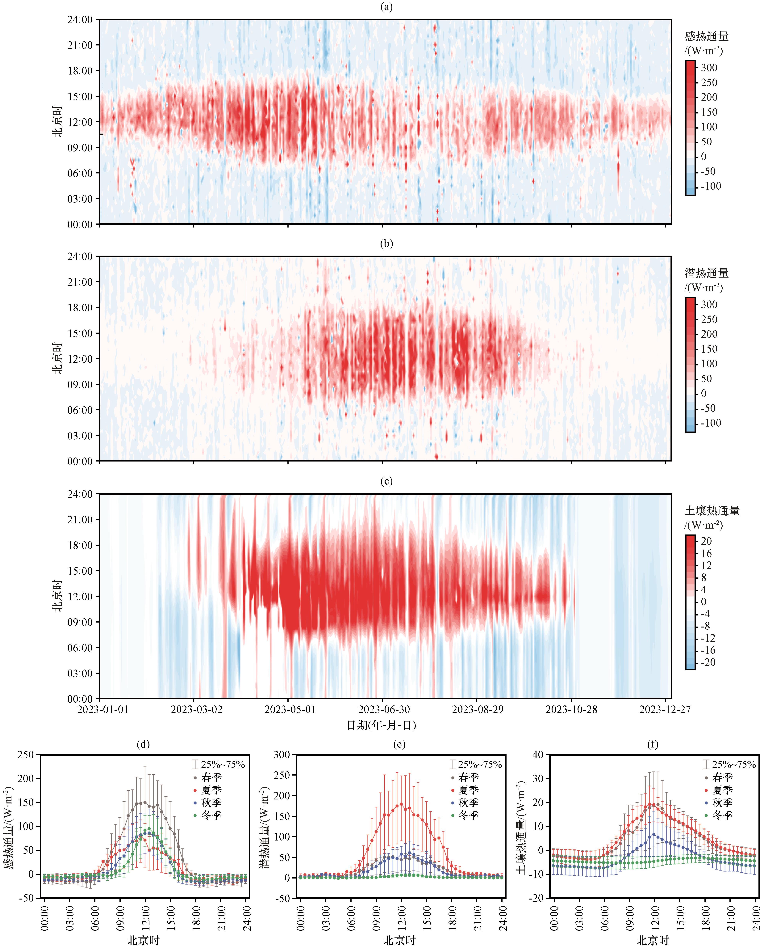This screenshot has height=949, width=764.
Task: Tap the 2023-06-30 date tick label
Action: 384,709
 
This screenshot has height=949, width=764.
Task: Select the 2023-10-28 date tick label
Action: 571,709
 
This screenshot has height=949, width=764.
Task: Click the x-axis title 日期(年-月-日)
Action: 381,725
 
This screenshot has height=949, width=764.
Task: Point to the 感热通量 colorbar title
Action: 706,36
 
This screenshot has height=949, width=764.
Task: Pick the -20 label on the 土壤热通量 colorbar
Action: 708,662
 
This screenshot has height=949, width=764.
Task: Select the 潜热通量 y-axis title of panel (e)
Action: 264,828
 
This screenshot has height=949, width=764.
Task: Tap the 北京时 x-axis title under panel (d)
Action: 144,940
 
